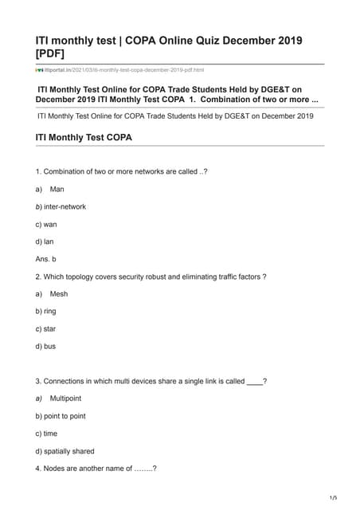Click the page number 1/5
(334, 498)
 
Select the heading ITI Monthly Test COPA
(84, 138)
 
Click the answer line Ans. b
(46, 259)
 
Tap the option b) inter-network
(61, 206)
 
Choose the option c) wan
(46, 224)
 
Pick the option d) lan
(45, 241)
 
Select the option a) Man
(50, 189)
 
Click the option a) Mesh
(53, 294)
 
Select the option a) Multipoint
(58, 398)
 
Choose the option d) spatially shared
(65, 451)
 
